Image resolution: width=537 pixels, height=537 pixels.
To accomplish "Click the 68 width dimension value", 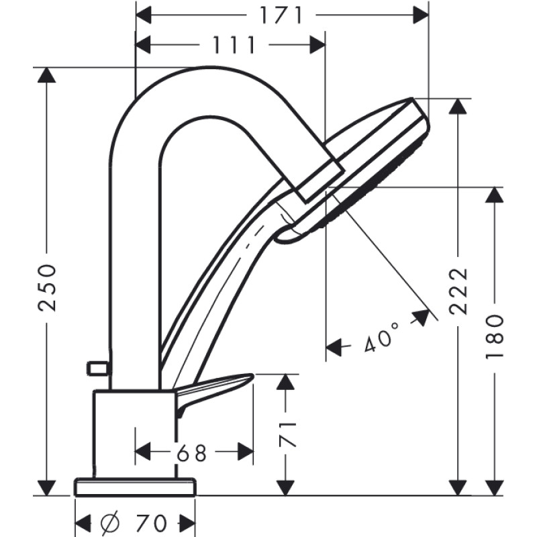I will coord(193,454).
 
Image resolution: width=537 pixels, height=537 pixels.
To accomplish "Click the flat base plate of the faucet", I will coord(135,486).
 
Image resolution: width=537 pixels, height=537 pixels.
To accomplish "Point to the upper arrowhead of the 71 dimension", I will coord(286,382).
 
